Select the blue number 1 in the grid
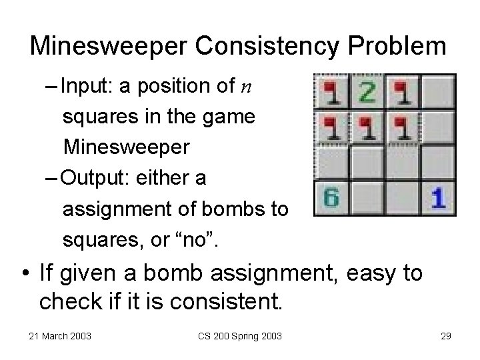pyautogui.click(x=438, y=199)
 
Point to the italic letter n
pyautogui.click(x=247, y=87)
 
